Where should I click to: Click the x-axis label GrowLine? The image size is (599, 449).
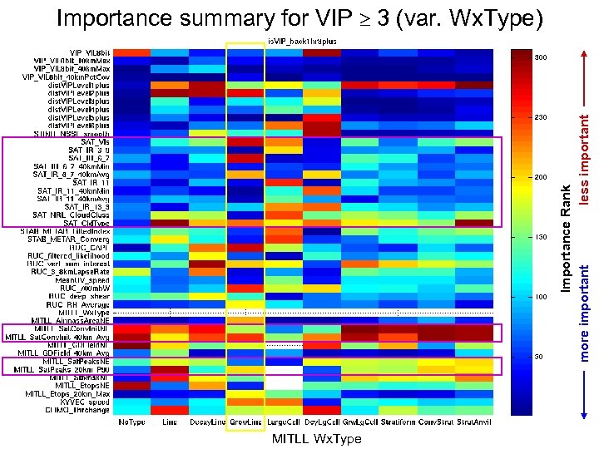245,423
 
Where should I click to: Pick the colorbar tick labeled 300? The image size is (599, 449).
539,57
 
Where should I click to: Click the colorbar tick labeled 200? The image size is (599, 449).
539,177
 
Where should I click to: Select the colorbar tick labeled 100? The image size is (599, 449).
539,297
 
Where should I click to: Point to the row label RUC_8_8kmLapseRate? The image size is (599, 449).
70,271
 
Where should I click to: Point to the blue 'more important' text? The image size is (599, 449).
585,312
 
